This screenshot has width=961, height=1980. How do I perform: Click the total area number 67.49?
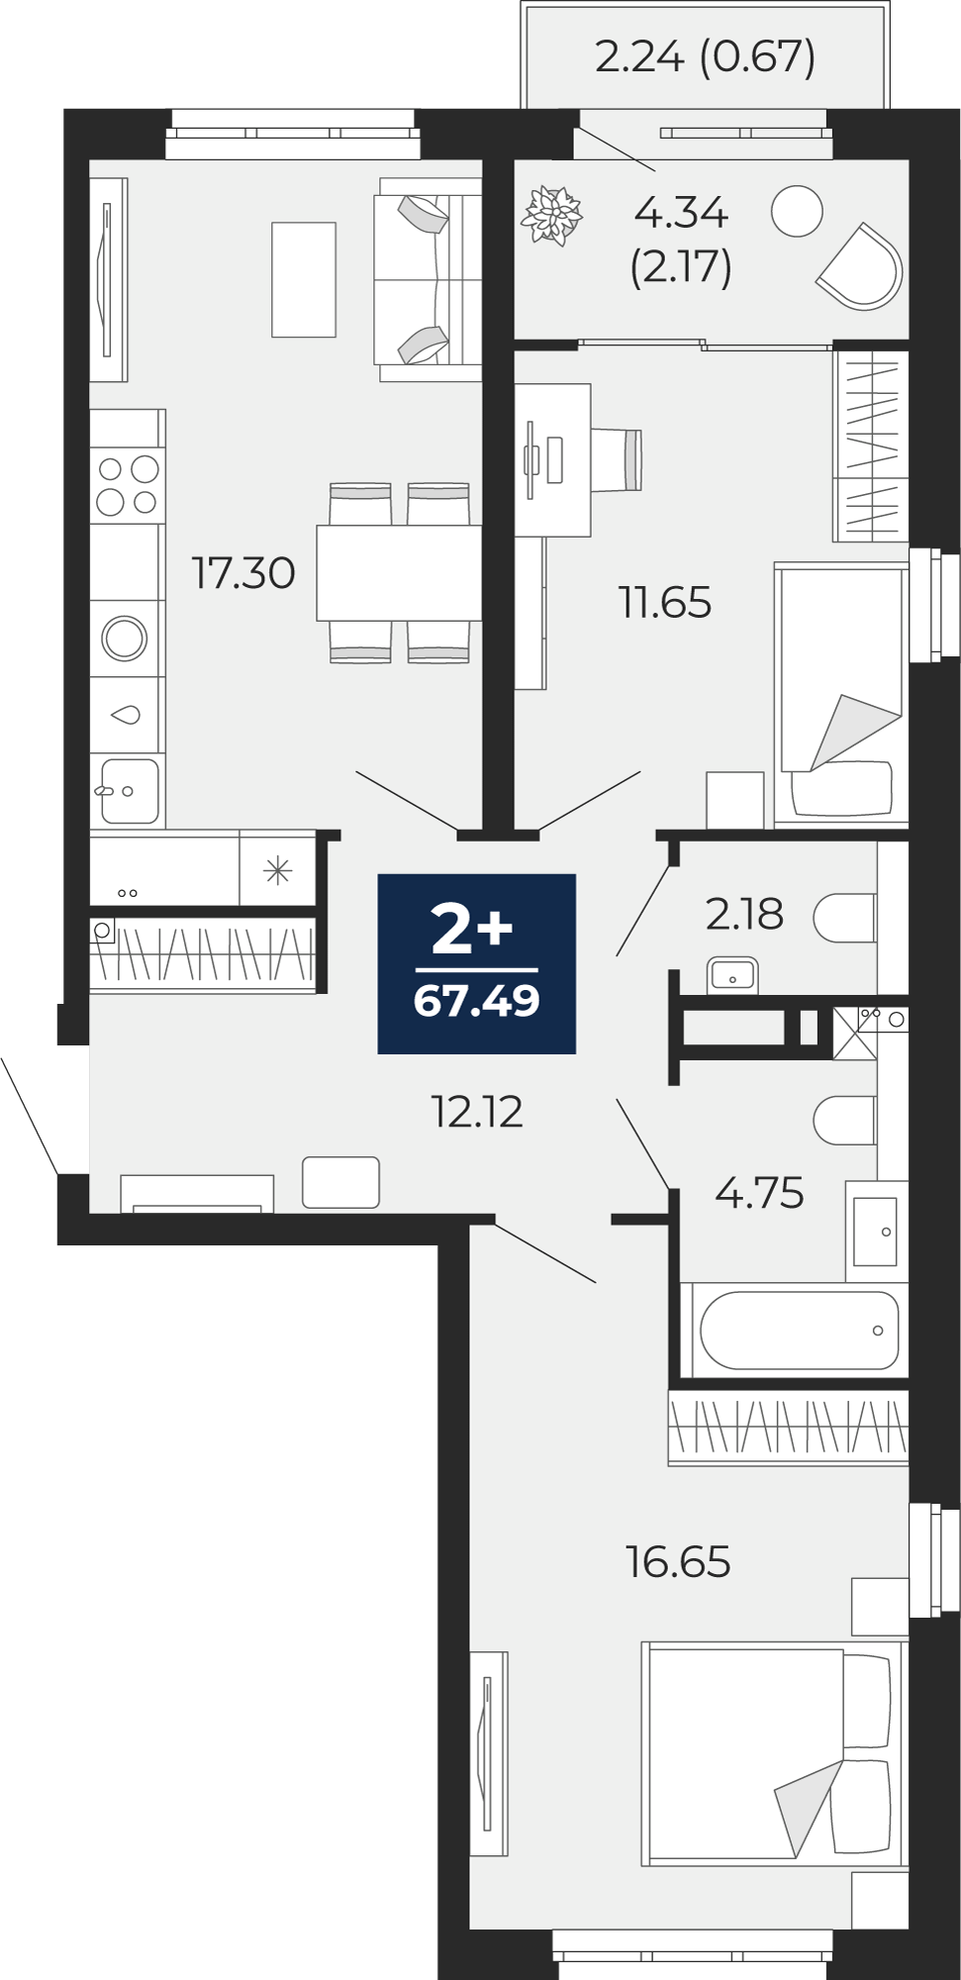coord(476,1001)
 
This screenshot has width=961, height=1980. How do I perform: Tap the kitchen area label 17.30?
coord(243,573)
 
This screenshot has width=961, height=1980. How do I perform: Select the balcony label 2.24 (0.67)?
coord(705,56)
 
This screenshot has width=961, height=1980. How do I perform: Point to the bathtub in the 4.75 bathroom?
coord(799,1330)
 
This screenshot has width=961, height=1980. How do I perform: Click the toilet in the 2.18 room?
coord(844,918)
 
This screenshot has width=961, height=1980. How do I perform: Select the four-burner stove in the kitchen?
coord(128,485)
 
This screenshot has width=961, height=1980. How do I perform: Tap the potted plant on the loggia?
coord(551,214)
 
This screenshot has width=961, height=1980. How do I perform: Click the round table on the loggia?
coord(797,211)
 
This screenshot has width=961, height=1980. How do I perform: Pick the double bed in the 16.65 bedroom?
coord(772,1753)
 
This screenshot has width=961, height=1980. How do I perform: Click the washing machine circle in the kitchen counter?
coord(125,639)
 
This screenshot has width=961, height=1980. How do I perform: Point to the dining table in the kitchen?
coord(399,573)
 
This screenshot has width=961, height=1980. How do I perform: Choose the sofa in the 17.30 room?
coord(428,279)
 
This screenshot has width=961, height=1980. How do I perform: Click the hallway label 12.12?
coord(476,1112)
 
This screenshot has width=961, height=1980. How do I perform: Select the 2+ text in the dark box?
coord(472,929)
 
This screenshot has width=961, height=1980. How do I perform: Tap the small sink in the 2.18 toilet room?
coord(732,976)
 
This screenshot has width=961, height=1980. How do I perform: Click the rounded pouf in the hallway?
coord(340,1182)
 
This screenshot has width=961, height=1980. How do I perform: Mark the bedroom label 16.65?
coord(678,1562)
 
